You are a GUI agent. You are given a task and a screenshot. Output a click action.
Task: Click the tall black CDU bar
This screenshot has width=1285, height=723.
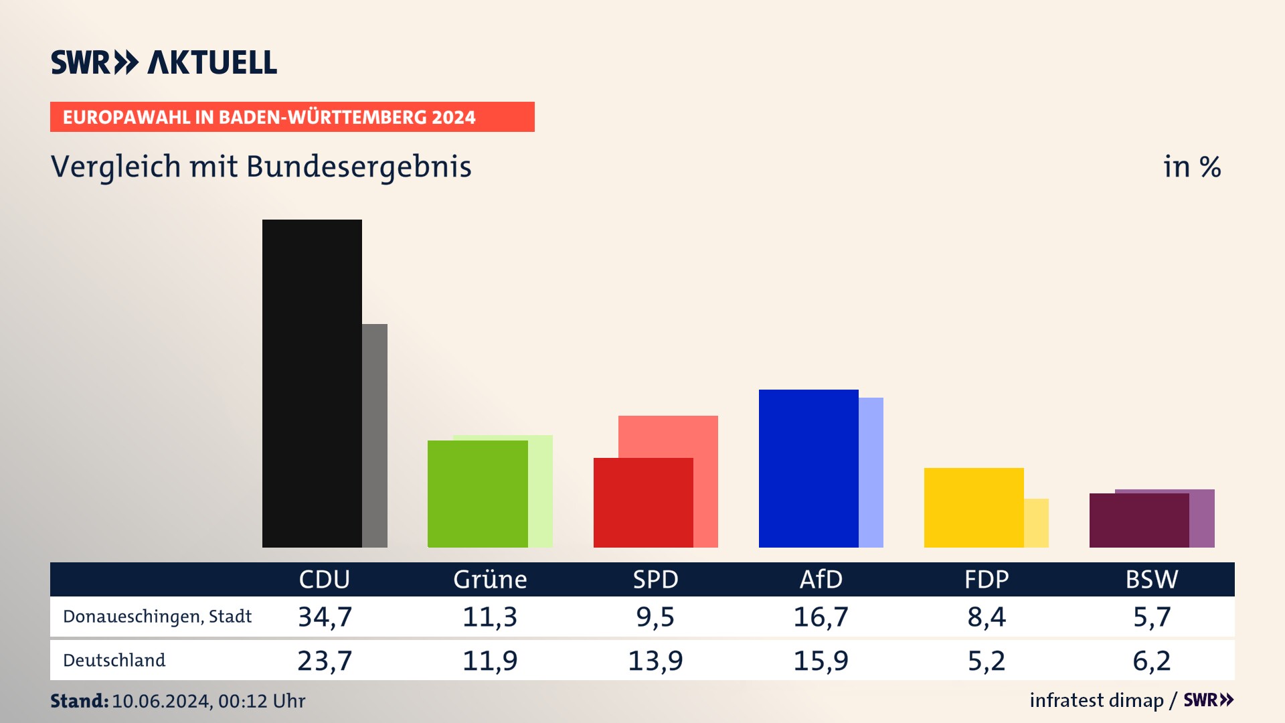point(312,383)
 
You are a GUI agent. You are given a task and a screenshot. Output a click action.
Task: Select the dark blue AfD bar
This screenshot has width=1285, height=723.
point(808,468)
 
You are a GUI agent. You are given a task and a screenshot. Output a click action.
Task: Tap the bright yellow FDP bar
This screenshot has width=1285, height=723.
point(974,507)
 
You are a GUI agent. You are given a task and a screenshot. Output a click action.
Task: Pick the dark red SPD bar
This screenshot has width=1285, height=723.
point(643,502)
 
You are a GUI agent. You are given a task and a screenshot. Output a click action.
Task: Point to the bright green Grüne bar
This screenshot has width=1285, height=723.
point(477,493)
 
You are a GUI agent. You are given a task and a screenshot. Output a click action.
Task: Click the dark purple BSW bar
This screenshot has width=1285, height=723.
point(1139,520)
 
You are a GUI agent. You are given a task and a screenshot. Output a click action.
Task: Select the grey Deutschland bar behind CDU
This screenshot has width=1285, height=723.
point(375,435)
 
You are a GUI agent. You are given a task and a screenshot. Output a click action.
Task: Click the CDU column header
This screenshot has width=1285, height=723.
point(324,579)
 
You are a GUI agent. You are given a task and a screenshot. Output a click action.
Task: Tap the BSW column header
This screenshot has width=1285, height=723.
point(1151,579)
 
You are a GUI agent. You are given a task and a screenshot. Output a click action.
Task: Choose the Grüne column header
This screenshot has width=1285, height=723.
point(490,579)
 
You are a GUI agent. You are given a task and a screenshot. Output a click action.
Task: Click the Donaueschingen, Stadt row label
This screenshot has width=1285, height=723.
point(157,617)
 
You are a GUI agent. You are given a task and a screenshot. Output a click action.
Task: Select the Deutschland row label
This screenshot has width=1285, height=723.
point(114,660)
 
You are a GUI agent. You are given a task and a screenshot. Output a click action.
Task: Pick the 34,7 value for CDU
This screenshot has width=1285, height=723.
point(325,617)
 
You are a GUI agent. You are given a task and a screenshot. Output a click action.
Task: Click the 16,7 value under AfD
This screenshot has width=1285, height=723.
point(821,617)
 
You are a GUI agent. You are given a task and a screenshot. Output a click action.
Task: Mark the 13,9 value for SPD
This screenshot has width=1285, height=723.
point(655,661)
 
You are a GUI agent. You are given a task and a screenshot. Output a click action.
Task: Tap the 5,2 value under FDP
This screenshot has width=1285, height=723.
point(987,661)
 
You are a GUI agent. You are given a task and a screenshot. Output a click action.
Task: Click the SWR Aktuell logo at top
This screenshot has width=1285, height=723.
point(164,62)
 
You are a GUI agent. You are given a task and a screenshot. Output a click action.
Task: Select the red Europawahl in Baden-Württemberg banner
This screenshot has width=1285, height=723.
point(292,117)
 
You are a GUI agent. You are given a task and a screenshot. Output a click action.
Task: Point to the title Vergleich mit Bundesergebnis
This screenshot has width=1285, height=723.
point(261,167)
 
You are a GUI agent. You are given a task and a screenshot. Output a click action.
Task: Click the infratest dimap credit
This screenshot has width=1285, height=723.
point(1096,700)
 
